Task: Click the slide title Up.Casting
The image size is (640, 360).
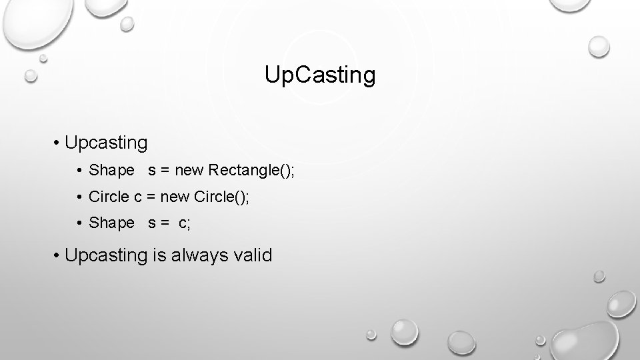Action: tap(320, 75)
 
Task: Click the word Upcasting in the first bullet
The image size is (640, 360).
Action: tap(107, 143)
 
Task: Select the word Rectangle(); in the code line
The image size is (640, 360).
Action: tap(251, 171)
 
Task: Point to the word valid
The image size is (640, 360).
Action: tap(251, 255)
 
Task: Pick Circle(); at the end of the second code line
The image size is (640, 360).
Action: tap(222, 197)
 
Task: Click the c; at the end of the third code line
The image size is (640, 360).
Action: tap(184, 223)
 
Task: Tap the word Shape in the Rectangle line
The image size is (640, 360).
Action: tap(111, 171)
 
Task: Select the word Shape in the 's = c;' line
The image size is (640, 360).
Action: tap(111, 223)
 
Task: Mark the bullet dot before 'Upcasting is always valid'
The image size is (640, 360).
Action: tap(59, 255)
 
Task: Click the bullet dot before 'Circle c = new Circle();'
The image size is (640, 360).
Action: tap(80, 197)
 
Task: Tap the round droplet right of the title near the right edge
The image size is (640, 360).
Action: tap(599, 47)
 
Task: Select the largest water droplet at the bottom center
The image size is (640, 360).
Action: tap(404, 331)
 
